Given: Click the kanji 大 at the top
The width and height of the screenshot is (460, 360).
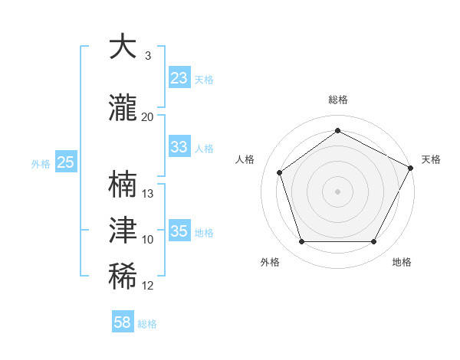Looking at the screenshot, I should tap(123, 47).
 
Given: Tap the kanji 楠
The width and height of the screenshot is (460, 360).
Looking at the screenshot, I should tap(123, 185).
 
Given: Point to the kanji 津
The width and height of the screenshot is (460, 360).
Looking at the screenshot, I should tap(123, 231).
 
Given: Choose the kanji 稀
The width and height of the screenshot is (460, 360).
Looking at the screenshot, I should tap(123, 277).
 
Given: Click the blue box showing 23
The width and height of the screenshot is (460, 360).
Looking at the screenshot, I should tap(179, 78).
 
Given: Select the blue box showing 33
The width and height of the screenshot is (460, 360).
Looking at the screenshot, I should tap(179, 147).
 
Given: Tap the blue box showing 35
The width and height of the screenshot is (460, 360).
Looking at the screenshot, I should tap(179, 231).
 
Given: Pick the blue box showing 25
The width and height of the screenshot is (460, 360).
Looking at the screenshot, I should tap(65, 162).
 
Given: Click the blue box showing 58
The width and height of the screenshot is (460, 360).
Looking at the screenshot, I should tap(123, 322).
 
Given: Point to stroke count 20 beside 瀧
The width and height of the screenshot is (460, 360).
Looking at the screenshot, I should tap(148, 116).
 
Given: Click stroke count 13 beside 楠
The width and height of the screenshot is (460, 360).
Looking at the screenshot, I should tap(148, 194).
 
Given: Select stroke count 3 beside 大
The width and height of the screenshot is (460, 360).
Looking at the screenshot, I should tap(148, 55).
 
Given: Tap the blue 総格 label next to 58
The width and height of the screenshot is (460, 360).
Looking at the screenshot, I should tap(147, 324).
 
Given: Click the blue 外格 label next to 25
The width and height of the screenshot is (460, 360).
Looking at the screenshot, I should tap(41, 163).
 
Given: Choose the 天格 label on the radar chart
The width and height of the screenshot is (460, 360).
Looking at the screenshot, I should tap(431, 159).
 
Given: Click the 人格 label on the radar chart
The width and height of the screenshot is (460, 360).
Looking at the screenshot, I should tap(245, 159).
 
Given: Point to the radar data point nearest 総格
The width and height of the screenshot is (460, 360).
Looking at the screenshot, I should tap(337, 131).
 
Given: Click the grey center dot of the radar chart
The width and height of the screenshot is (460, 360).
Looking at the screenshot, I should tap(337, 191).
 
